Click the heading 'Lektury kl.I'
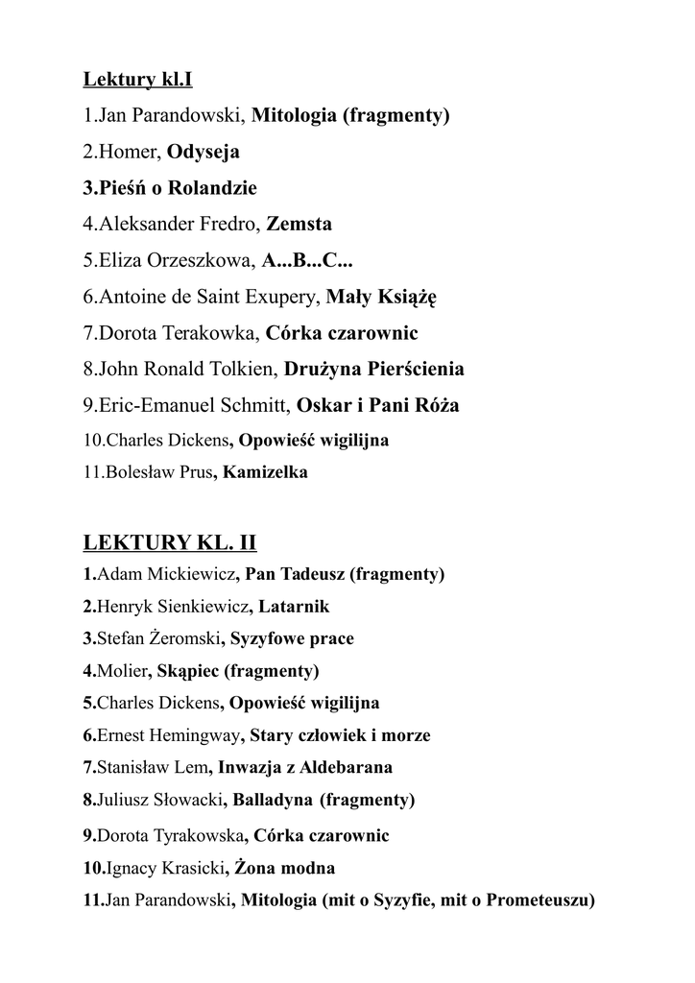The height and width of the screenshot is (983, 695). pyautogui.click(x=137, y=79)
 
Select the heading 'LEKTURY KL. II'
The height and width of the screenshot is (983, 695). pyautogui.click(x=170, y=542)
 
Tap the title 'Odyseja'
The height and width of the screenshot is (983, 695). pyautogui.click(x=204, y=152)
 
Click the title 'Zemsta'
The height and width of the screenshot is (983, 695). pyautogui.click(x=300, y=225)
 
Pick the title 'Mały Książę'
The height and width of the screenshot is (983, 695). pyautogui.click(x=381, y=298)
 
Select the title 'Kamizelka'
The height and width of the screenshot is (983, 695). pyautogui.click(x=266, y=473)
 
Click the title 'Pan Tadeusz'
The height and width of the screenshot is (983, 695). pyautogui.click(x=295, y=575)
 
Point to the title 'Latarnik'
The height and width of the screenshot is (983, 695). pyautogui.click(x=294, y=607)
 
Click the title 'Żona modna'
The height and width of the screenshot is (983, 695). pyautogui.click(x=284, y=869)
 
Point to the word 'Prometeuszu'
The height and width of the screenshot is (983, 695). pyautogui.click(x=540, y=900)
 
